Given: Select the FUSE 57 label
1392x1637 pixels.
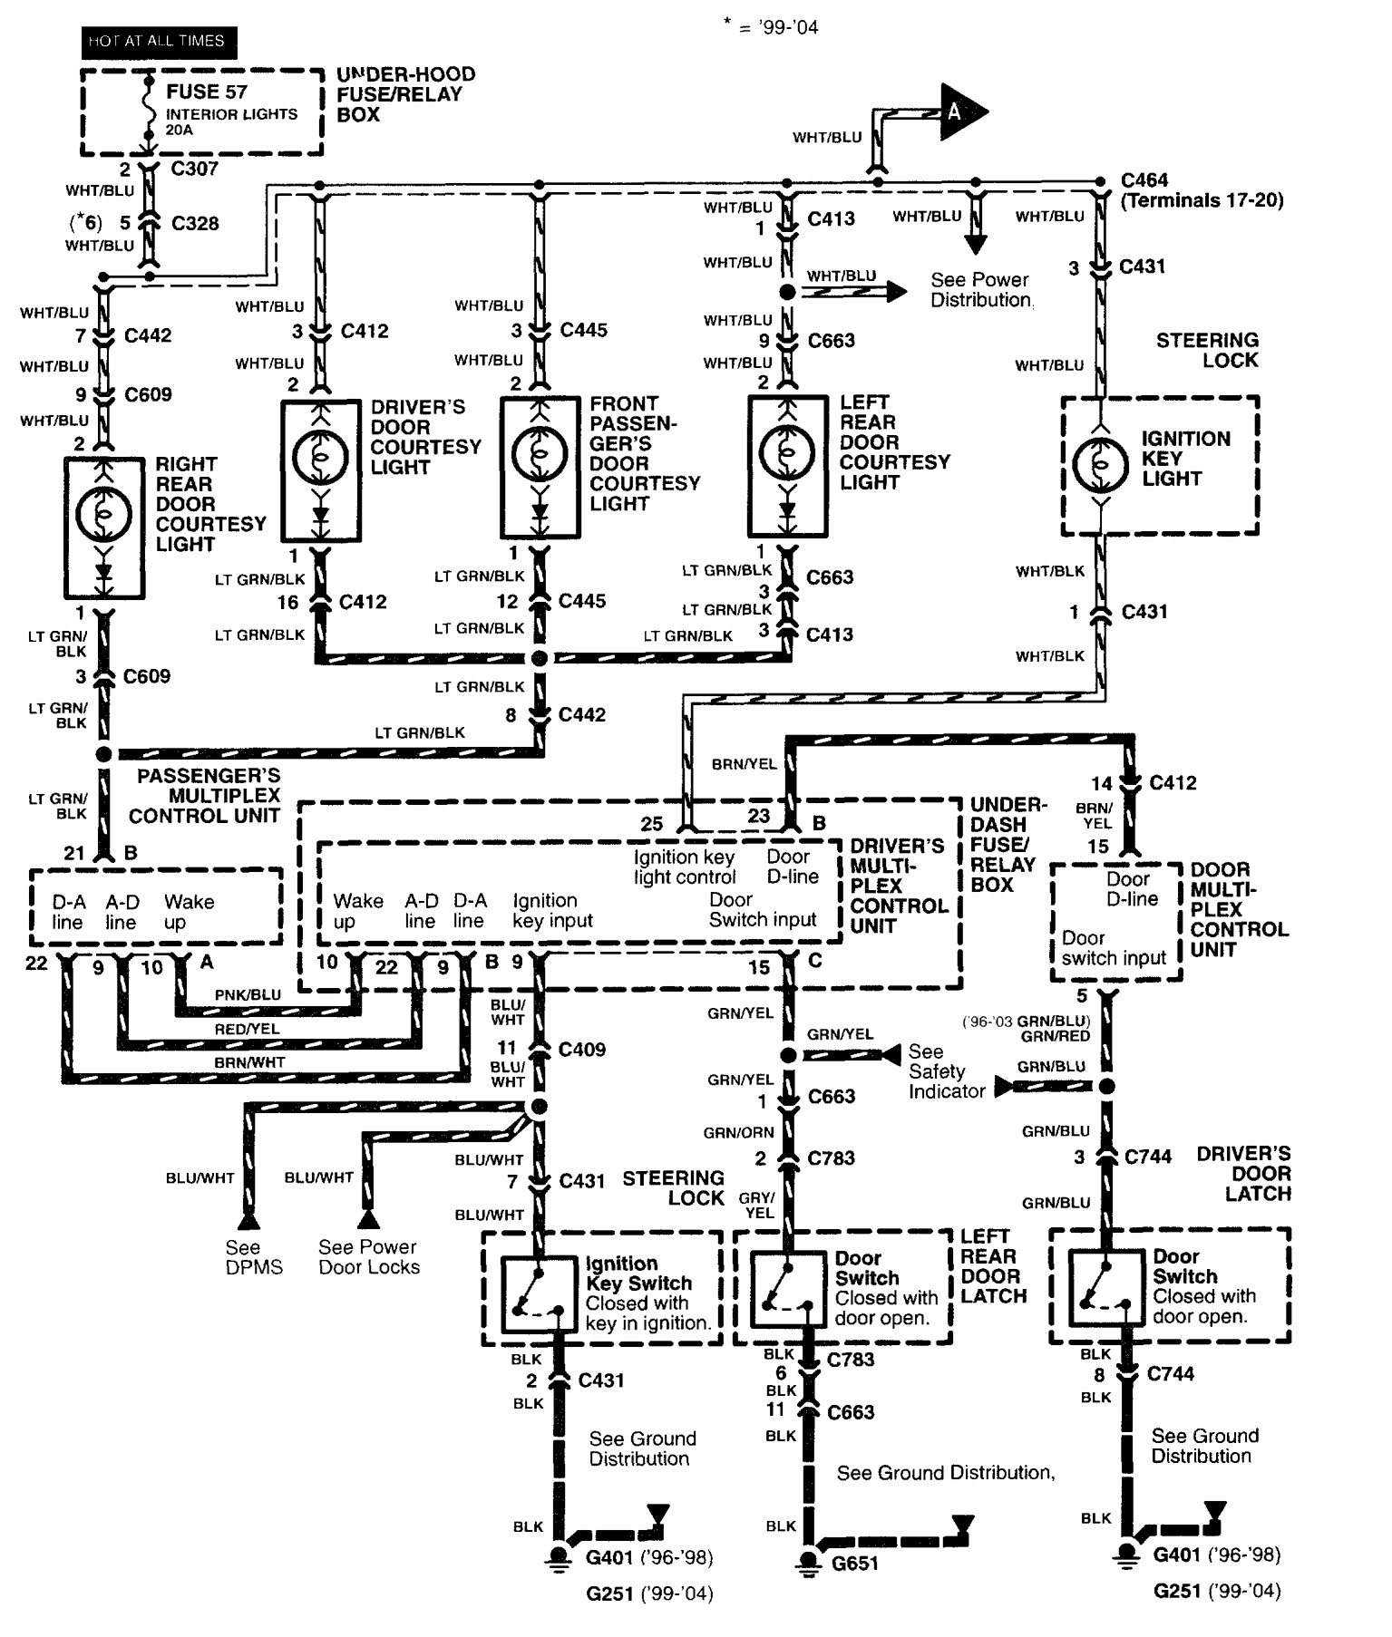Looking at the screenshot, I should click(206, 92).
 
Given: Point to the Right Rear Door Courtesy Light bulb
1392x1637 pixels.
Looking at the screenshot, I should click(104, 516).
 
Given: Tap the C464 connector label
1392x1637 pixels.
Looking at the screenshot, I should click(1144, 180).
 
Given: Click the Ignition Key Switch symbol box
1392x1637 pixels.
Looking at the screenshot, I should click(539, 1293).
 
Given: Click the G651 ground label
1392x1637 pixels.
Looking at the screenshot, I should click(854, 1564).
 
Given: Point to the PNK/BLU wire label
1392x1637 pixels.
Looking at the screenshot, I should click(248, 994).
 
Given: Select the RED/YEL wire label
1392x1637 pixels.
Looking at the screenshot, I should click(247, 1029).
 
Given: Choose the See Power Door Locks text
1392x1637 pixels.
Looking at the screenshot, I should click(369, 1257).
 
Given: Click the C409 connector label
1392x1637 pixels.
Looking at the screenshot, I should click(582, 1050).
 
